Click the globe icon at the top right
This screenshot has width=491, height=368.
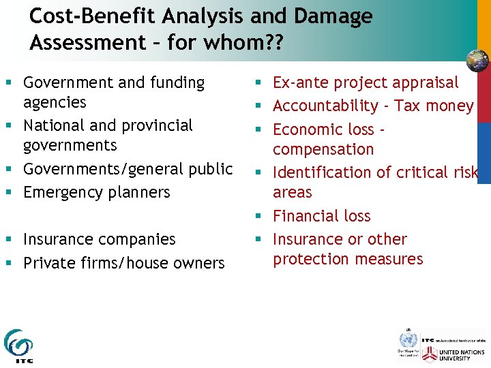(477, 61)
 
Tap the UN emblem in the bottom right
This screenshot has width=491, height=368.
(408, 339)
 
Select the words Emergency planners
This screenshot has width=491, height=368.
(96, 192)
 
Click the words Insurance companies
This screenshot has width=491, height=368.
(99, 239)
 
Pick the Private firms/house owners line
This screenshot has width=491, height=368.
(123, 263)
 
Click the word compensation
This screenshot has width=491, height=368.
(323, 149)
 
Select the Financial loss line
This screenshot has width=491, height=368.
(321, 216)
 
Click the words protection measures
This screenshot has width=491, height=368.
(348, 259)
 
